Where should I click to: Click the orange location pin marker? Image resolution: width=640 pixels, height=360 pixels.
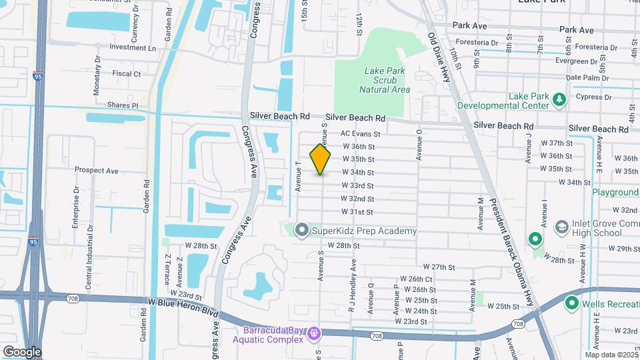(x=321, y=159)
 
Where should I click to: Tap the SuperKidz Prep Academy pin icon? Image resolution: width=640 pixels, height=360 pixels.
(x=301, y=231)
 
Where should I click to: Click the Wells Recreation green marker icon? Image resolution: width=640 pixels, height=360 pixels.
(x=571, y=304)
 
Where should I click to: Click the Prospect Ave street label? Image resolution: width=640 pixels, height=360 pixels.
(x=97, y=171)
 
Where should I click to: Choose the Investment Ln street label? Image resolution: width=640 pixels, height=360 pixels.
(x=132, y=48)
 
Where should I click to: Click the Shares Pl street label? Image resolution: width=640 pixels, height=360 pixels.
(x=122, y=105)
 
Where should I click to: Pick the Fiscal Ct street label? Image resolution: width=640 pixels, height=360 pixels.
(x=127, y=74)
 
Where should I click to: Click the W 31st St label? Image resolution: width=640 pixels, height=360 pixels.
(x=357, y=212)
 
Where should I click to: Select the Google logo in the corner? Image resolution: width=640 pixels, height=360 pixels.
(x=21, y=352)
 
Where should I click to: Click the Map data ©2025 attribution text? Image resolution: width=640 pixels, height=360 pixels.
(x=611, y=355)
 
